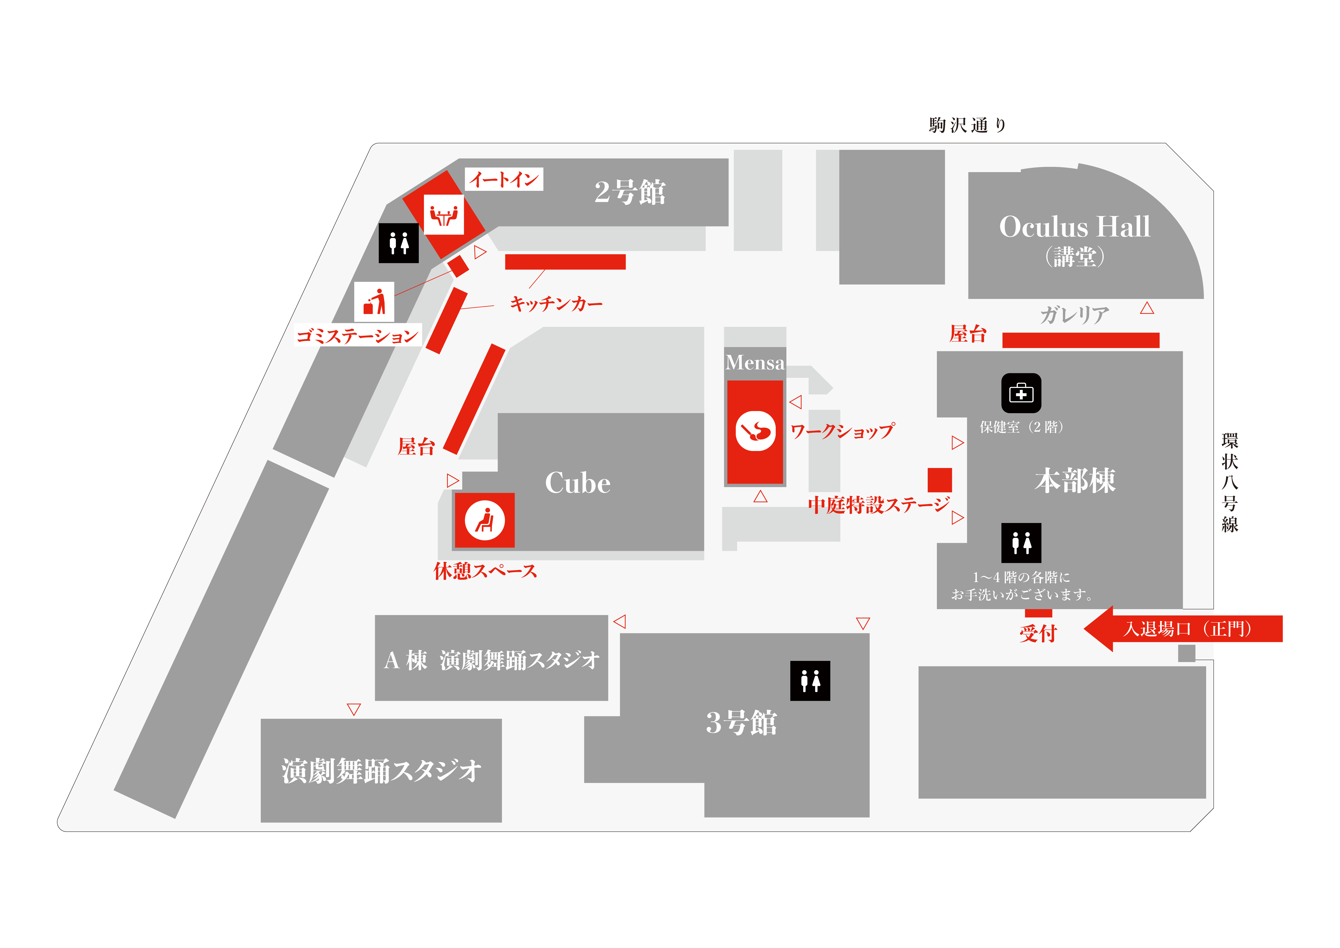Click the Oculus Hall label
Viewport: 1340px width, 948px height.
click(1074, 227)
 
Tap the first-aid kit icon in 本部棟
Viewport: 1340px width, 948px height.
click(1021, 393)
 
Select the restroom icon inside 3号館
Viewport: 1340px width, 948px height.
click(810, 681)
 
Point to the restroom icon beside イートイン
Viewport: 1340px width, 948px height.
click(399, 243)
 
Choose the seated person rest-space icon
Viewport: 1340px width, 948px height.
click(484, 520)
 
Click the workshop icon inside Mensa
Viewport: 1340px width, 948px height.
click(755, 431)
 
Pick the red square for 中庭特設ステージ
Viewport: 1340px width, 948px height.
click(940, 480)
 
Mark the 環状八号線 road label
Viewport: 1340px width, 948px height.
click(1230, 482)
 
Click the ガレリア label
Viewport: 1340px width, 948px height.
click(1074, 315)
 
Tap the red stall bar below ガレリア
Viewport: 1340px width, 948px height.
click(1080, 340)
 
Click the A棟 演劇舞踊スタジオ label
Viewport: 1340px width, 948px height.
click(491, 660)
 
